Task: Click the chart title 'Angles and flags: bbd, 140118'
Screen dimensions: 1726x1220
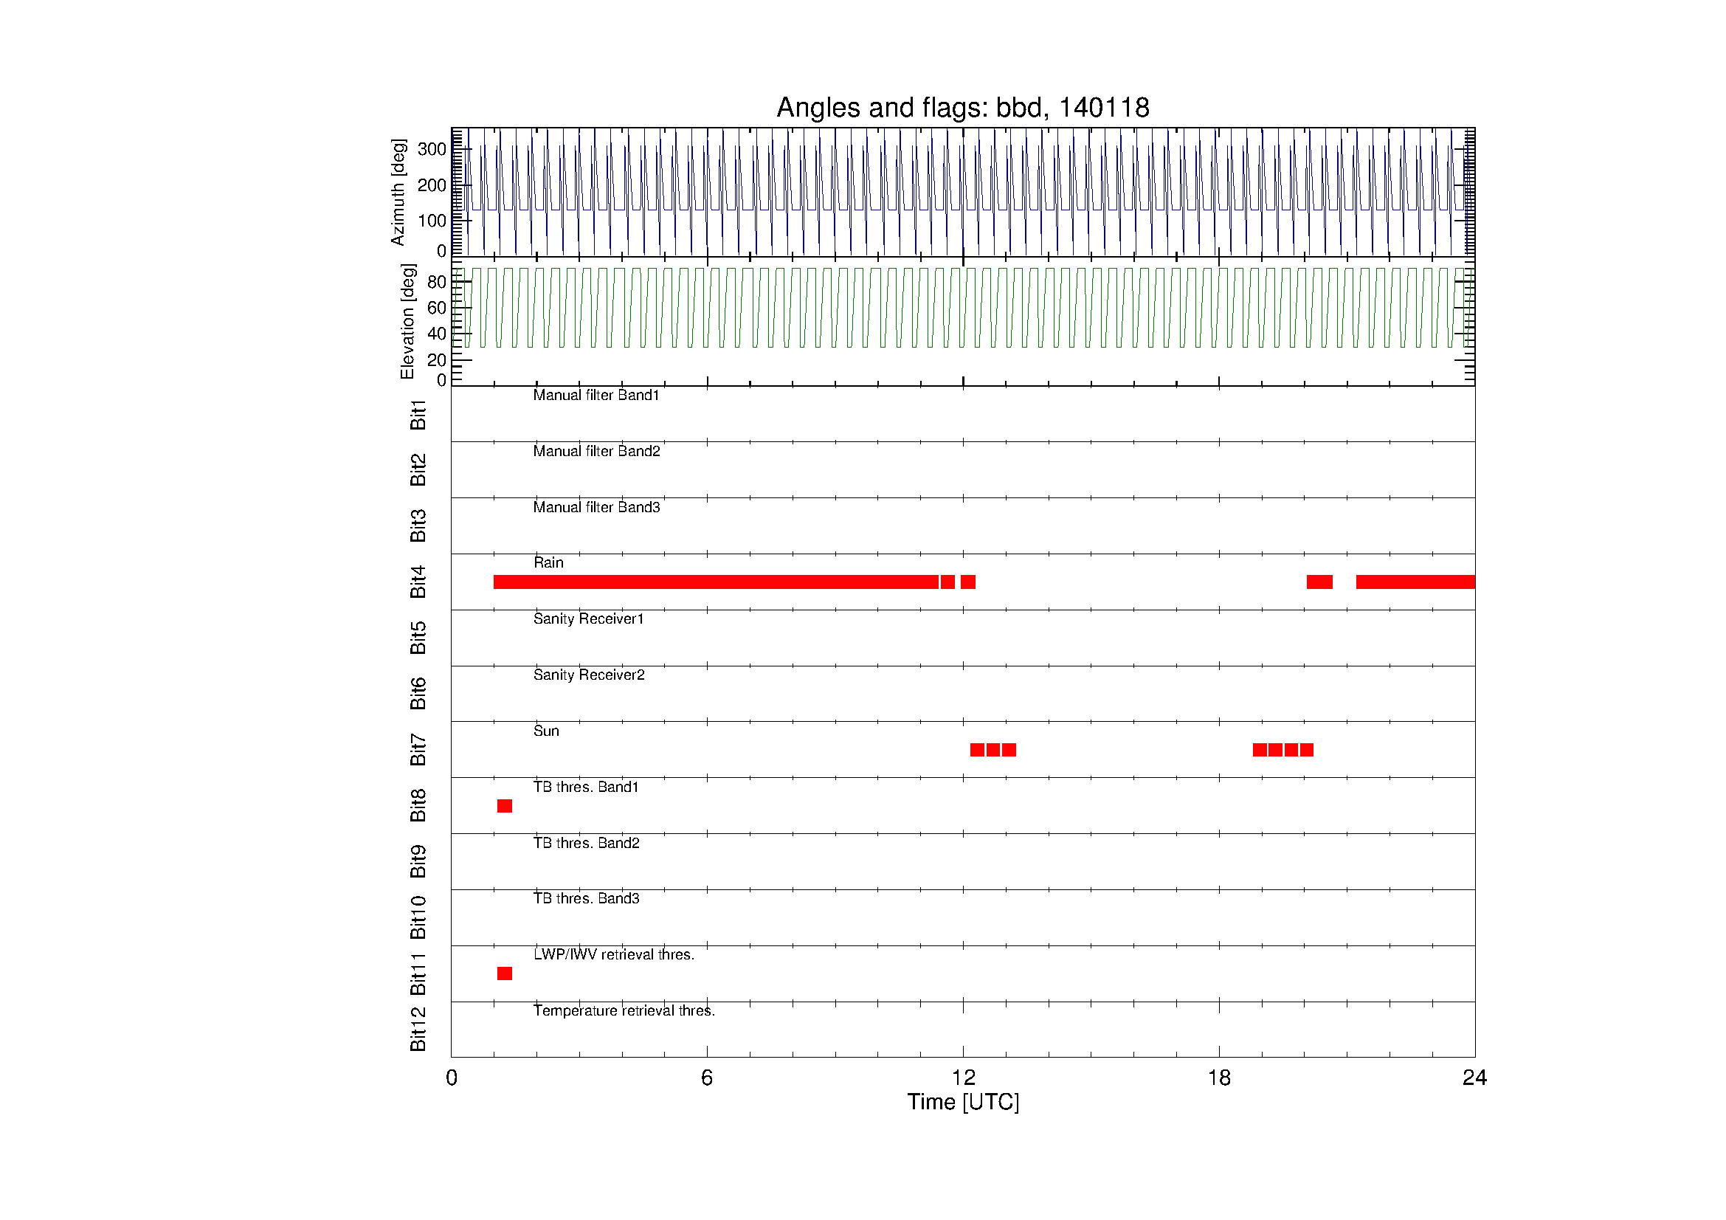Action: click(x=962, y=108)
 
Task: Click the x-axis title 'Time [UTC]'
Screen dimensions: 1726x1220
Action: click(x=963, y=1102)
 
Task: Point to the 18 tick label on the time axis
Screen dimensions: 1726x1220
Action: click(x=1218, y=1078)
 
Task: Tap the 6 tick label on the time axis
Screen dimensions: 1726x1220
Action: click(x=707, y=1078)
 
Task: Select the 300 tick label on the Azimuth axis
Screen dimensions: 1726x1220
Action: click(x=432, y=149)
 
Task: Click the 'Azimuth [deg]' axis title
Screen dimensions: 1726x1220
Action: click(x=398, y=193)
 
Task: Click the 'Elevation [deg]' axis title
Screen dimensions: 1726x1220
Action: click(x=407, y=322)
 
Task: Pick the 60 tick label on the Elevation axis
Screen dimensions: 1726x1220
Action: click(x=436, y=308)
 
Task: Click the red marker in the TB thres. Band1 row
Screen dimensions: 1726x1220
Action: click(x=505, y=806)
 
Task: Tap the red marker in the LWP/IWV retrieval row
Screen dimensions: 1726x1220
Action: click(x=505, y=973)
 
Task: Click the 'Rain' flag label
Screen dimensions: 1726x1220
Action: click(x=548, y=562)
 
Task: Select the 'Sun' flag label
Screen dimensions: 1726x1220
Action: click(x=546, y=731)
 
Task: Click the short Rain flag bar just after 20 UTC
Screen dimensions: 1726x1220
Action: click(x=1319, y=582)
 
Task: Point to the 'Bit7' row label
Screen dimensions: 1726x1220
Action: click(x=418, y=749)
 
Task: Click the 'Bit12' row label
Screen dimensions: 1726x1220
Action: click(x=418, y=1029)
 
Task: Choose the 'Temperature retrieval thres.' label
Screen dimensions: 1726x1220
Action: click(x=624, y=1010)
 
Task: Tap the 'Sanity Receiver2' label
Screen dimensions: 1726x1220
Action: click(x=589, y=675)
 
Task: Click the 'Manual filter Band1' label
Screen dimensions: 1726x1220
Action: click(x=596, y=396)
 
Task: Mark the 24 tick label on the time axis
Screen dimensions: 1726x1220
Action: click(x=1474, y=1078)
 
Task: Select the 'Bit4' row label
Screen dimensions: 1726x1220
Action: click(x=418, y=582)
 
